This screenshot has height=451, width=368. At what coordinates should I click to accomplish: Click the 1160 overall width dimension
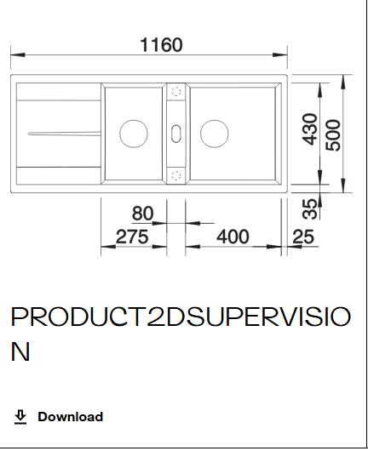(x=161, y=45)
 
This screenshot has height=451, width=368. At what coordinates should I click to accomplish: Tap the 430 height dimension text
(x=310, y=128)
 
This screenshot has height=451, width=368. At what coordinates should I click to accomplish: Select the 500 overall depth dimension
(x=333, y=135)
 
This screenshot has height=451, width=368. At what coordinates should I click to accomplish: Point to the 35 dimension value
(x=309, y=208)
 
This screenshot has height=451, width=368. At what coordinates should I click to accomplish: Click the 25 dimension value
(x=303, y=237)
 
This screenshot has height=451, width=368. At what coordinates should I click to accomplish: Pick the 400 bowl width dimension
(x=233, y=237)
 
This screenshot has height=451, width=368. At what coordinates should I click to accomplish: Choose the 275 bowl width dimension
(x=132, y=237)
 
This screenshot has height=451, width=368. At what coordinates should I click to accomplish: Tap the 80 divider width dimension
(x=142, y=214)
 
